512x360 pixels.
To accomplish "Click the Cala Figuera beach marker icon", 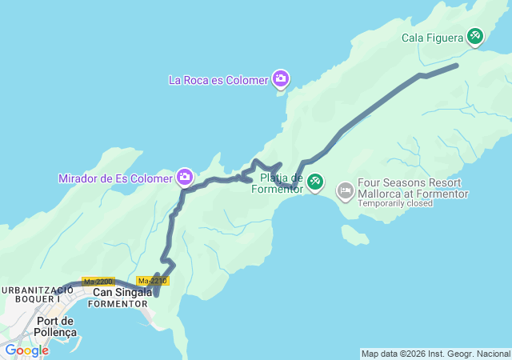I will [x=475, y=36].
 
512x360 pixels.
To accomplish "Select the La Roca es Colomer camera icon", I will [x=280, y=78].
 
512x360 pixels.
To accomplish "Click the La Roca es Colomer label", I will [x=218, y=79].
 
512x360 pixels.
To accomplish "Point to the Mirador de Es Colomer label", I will [x=115, y=178].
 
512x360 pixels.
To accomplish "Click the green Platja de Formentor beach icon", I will [x=315, y=182].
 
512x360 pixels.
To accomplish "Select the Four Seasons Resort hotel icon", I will [x=345, y=190].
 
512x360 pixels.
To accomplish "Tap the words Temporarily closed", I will [x=395, y=203].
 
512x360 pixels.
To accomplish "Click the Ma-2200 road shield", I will [x=98, y=282].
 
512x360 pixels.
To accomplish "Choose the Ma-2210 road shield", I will [x=152, y=281].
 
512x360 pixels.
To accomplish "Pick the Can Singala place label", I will [x=122, y=292].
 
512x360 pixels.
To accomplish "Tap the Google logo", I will [x=26, y=350].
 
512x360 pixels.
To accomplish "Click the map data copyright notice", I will [x=435, y=354].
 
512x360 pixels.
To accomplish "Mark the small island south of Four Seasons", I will [x=354, y=234].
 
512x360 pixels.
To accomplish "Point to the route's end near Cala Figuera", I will [x=456, y=65].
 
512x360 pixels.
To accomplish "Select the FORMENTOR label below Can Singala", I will [x=117, y=304].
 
